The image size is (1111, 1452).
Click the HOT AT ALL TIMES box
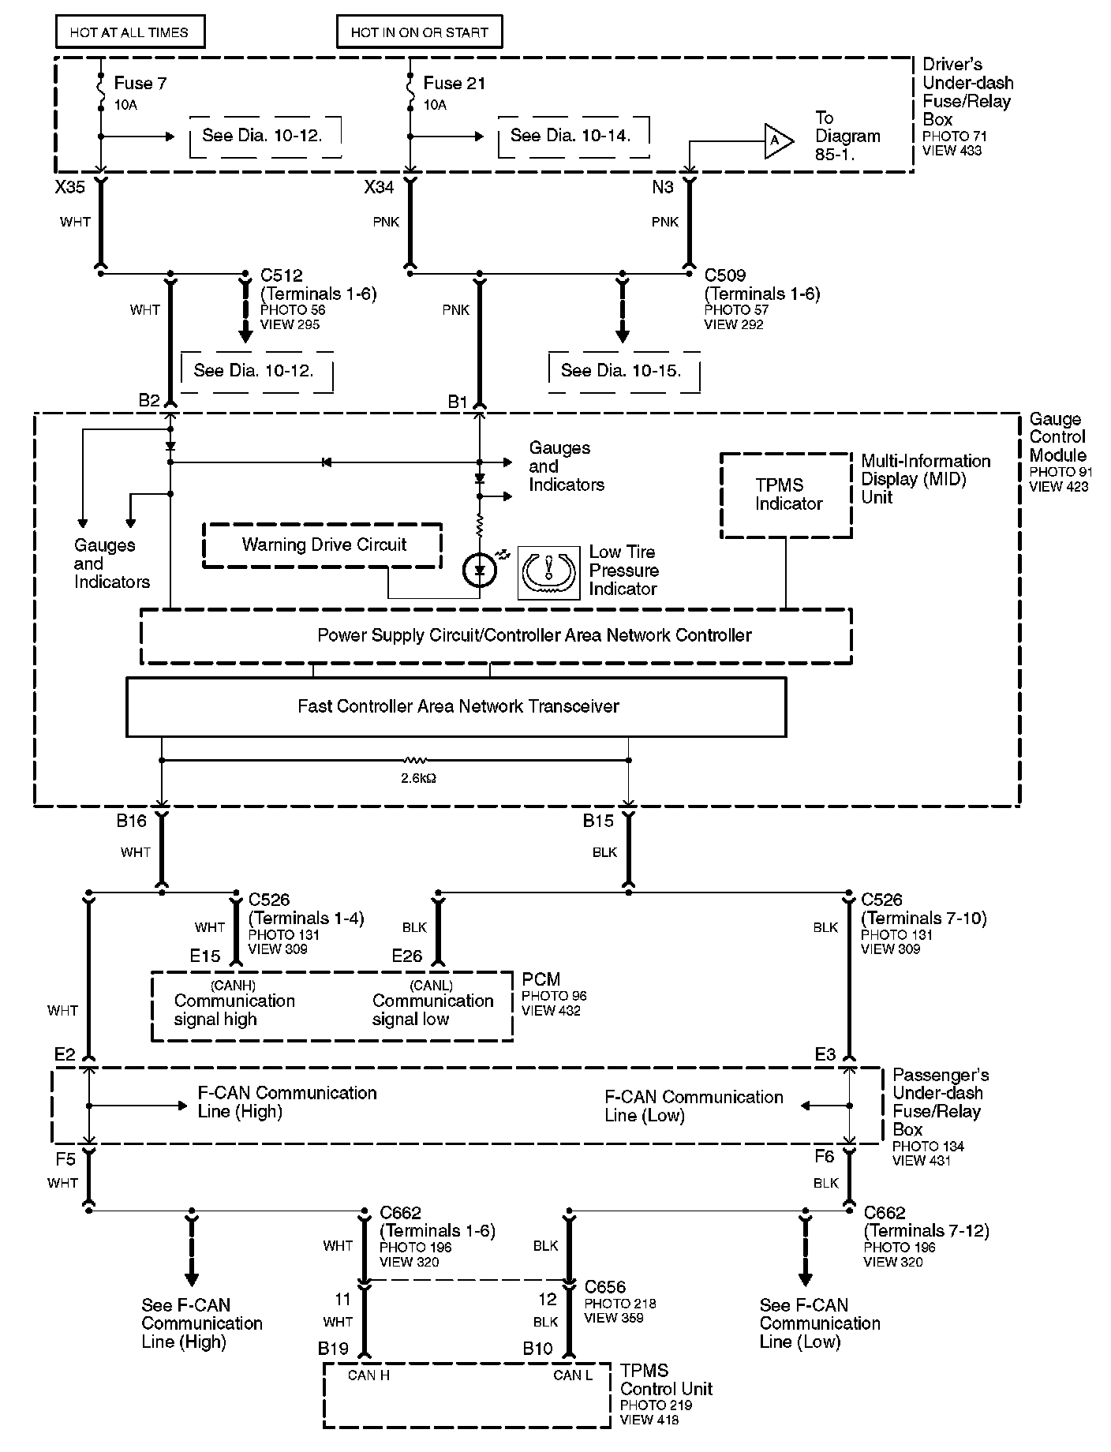(x=129, y=32)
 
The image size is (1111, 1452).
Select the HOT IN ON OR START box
(x=419, y=32)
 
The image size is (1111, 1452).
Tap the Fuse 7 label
(x=140, y=83)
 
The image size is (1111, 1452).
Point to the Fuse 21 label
(x=454, y=83)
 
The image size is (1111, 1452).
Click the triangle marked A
(x=776, y=140)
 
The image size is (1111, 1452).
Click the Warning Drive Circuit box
(x=324, y=544)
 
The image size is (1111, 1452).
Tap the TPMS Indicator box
(x=787, y=495)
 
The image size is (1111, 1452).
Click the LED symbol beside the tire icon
(x=479, y=570)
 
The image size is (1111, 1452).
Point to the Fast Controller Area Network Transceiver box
(x=457, y=706)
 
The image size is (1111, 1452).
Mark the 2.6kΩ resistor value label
(x=419, y=778)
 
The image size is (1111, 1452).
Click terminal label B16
(x=132, y=821)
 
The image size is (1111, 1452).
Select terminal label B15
(x=598, y=821)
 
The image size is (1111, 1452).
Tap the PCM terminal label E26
(x=407, y=956)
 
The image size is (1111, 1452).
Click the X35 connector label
(x=69, y=187)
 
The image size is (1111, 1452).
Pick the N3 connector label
(x=663, y=187)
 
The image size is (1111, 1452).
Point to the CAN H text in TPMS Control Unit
(x=368, y=1375)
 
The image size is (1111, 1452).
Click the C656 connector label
(x=605, y=1287)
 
